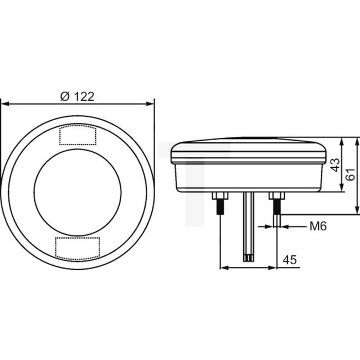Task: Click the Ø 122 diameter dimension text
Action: tap(76, 96)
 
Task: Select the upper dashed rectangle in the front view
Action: tap(77, 135)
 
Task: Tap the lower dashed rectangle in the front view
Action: tap(77, 247)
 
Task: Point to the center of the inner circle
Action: tap(77, 191)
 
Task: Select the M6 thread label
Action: tap(318, 226)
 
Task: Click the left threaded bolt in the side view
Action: tap(220, 209)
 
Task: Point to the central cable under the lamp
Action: tap(248, 222)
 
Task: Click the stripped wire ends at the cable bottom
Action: tap(248, 257)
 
